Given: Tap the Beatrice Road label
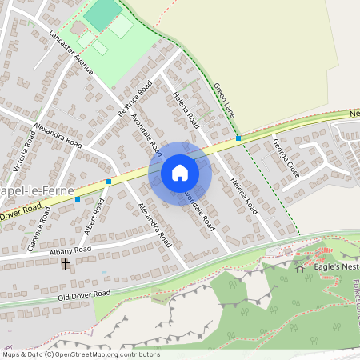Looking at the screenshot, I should [x=134, y=98].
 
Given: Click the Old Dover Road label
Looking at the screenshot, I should [x=84, y=295].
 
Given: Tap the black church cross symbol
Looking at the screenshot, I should [x=65, y=261].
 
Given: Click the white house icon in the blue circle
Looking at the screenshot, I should [x=180, y=173].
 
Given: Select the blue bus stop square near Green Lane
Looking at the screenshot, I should [x=238, y=138].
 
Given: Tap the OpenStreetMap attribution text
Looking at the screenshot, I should [x=81, y=354].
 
